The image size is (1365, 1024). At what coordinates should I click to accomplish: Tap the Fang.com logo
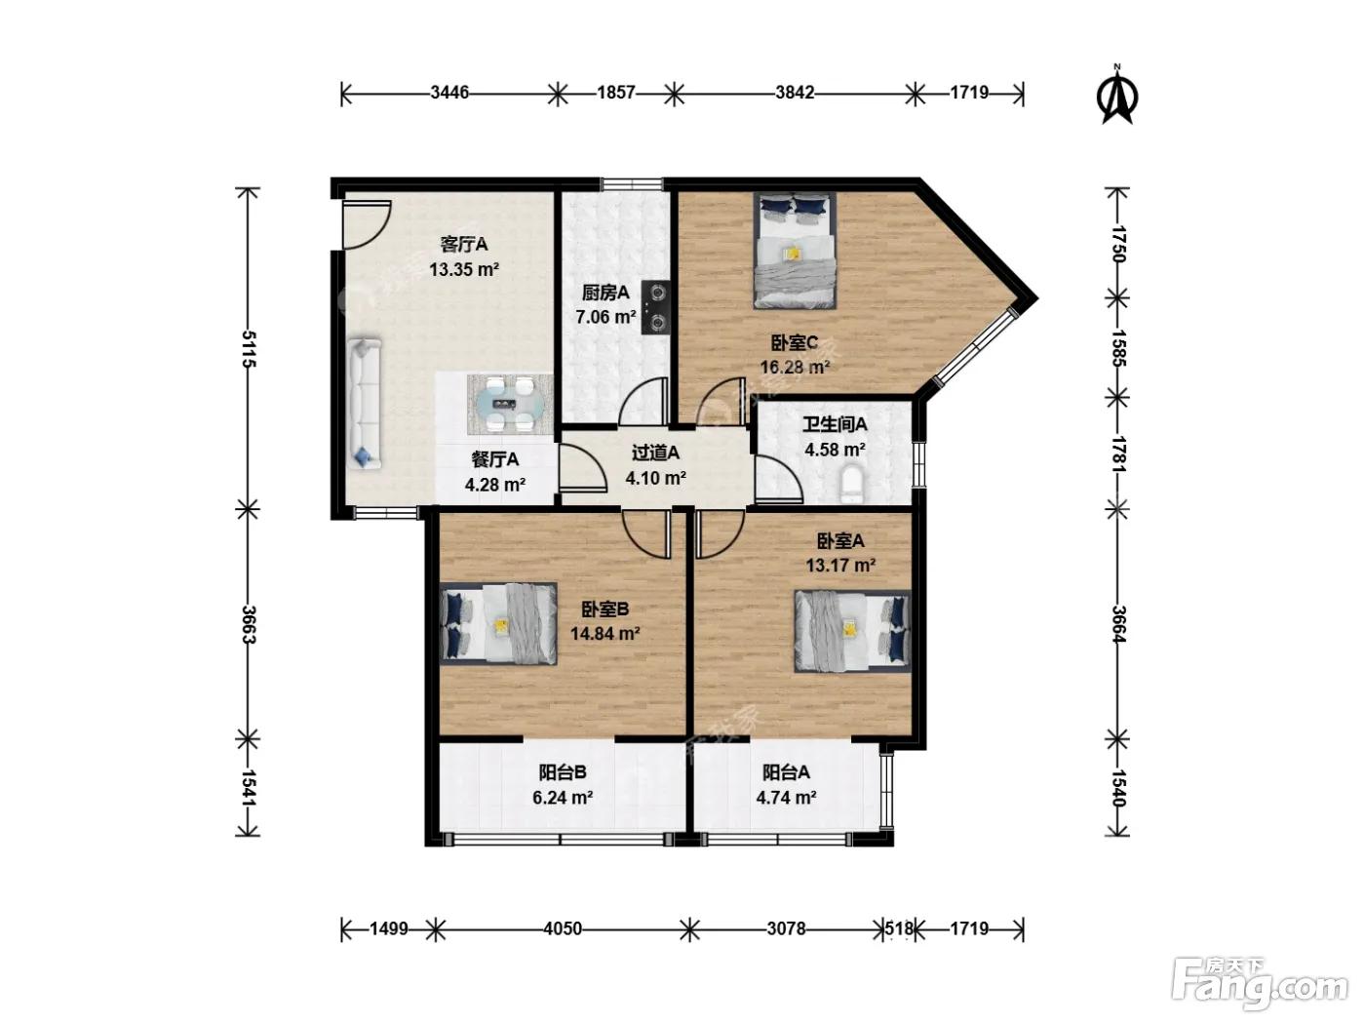pyautogui.click(x=1259, y=984)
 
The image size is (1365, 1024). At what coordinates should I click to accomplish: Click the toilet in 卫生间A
pyautogui.click(x=852, y=486)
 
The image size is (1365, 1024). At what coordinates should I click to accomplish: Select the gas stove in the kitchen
pyautogui.click(x=656, y=307)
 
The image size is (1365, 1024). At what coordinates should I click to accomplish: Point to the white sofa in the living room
pyautogui.click(x=364, y=403)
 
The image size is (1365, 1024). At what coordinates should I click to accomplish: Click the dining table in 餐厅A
pyautogui.click(x=510, y=404)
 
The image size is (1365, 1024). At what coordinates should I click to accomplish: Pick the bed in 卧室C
pyautogui.click(x=795, y=251)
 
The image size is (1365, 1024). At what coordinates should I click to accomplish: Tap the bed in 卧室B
pyautogui.click(x=498, y=623)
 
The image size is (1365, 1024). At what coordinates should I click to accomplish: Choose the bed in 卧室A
pyautogui.click(x=852, y=631)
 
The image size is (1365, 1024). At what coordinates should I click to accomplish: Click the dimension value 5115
pyautogui.click(x=248, y=349)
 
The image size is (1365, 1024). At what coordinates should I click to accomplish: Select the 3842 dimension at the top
pyautogui.click(x=795, y=93)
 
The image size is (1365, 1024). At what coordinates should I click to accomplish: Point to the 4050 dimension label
pyautogui.click(x=563, y=928)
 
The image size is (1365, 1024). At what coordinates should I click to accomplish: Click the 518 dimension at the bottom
pyautogui.click(x=899, y=928)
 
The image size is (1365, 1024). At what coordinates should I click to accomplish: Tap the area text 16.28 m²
pyautogui.click(x=795, y=368)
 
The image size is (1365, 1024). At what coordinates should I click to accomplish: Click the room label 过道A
pyautogui.click(x=655, y=453)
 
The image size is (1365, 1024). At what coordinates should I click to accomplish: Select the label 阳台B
pyautogui.click(x=563, y=772)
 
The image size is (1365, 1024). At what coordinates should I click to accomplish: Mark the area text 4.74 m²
pyautogui.click(x=786, y=797)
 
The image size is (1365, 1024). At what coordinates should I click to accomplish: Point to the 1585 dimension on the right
pyautogui.click(x=1117, y=347)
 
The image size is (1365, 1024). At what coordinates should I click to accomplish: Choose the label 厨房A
pyautogui.click(x=605, y=293)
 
